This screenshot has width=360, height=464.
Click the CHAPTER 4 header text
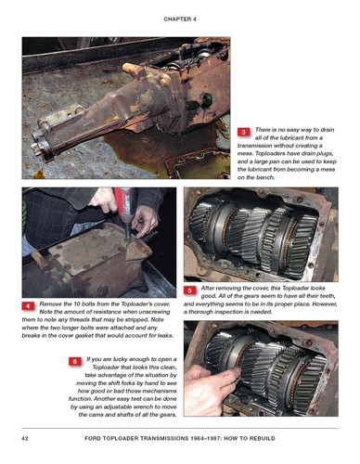179,18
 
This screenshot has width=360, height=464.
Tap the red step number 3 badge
243,133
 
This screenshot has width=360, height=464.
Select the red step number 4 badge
28,305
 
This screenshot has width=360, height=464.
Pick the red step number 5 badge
189,290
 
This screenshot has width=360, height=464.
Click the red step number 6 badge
73,359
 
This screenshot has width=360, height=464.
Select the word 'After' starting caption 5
211,290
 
